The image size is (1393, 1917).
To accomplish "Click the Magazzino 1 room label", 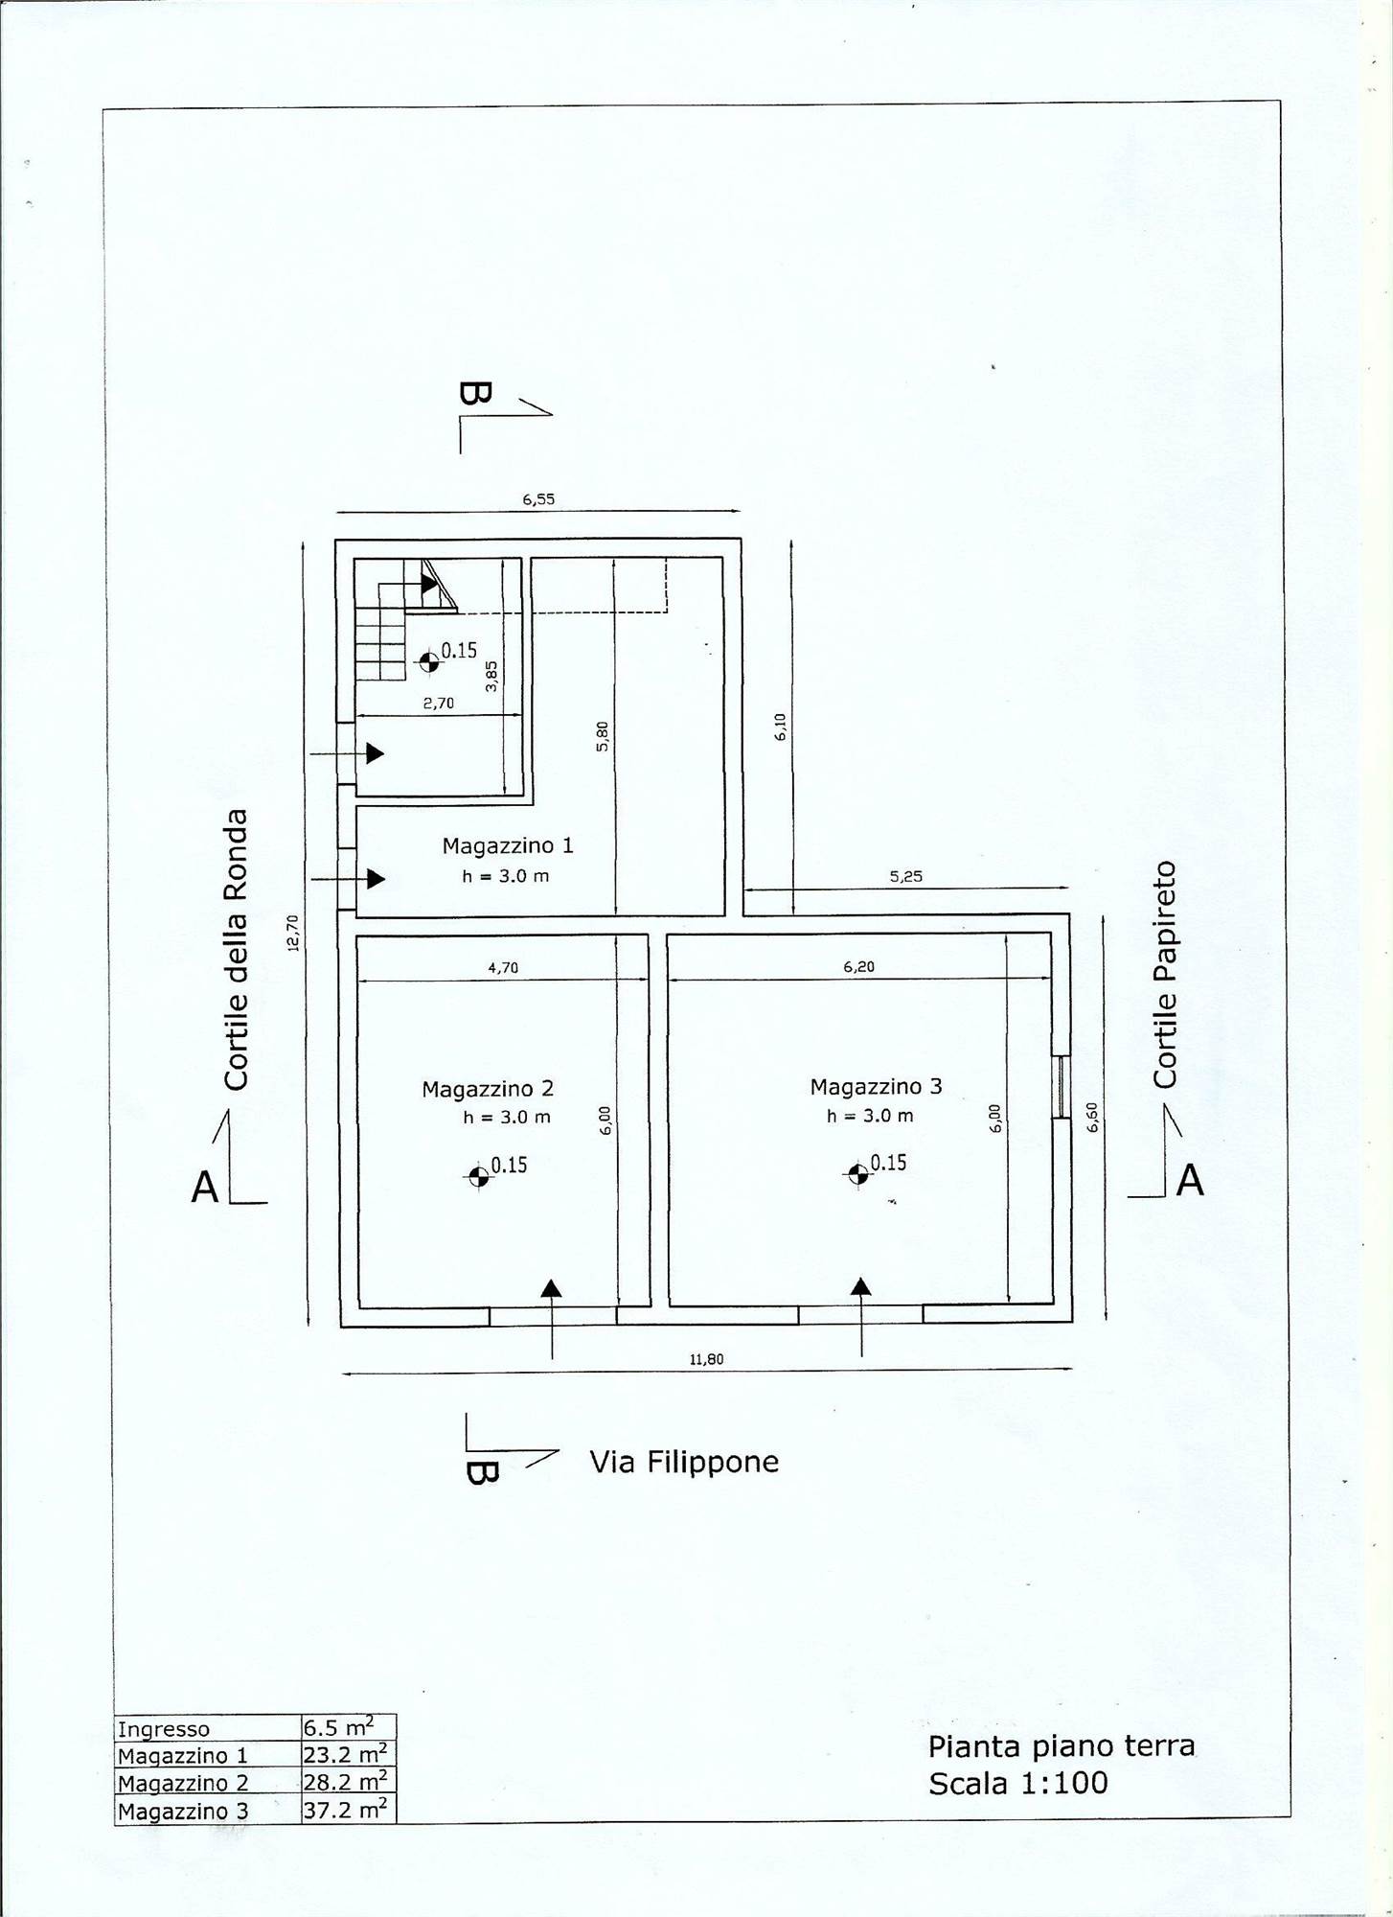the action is tap(508, 845).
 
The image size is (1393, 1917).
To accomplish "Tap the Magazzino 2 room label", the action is tap(488, 1089).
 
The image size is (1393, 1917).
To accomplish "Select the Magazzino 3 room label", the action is tap(876, 1086).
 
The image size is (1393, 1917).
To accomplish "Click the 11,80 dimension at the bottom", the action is tap(706, 1358).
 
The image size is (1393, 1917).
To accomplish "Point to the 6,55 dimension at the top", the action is tap(538, 498).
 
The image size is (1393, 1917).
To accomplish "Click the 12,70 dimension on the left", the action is tap(293, 933).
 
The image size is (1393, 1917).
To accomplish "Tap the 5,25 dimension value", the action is tap(905, 876).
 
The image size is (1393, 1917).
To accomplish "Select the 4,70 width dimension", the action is tap(503, 968).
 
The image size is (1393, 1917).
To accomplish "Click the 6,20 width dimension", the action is tap(858, 967).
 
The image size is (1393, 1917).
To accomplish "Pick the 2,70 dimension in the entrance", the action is tap(439, 703).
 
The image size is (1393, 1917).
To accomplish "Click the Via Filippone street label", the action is tap(684, 1462).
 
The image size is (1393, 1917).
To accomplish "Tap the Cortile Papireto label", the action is tap(1165, 975).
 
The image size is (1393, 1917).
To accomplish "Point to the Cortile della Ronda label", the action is tap(236, 950).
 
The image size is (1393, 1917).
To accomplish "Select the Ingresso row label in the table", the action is tap(163, 1729).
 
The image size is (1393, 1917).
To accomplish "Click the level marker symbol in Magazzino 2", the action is tap(478, 1176).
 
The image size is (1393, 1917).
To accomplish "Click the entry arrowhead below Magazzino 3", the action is tap(861, 1286).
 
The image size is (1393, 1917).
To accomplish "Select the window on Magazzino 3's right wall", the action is tap(1060, 1087).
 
